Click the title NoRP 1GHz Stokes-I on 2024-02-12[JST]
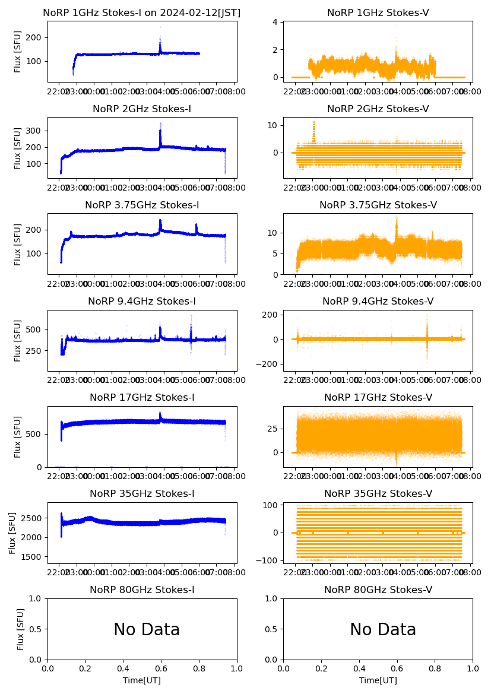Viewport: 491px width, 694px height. (142, 13)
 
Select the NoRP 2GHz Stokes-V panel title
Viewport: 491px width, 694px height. (378, 109)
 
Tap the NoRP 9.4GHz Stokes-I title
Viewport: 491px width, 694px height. (142, 302)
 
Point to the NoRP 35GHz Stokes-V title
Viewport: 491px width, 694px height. (378, 494)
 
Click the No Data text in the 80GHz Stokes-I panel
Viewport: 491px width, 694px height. (147, 630)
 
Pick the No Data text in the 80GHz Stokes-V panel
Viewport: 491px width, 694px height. (383, 630)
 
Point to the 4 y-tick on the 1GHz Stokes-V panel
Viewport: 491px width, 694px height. (275, 23)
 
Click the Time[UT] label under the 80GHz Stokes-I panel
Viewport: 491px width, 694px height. (142, 680)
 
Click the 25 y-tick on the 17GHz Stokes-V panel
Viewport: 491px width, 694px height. (273, 428)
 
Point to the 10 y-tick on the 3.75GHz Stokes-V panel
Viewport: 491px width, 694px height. (273, 233)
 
